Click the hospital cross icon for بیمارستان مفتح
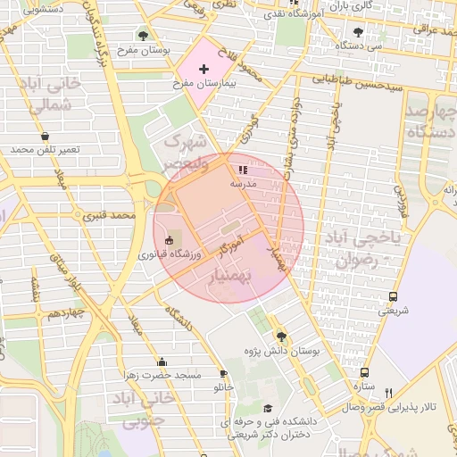tap(204, 69)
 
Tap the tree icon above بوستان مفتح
tap(144, 36)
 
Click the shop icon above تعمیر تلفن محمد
tap(45, 136)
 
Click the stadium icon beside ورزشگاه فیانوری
tap(170, 239)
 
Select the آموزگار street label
tap(231, 249)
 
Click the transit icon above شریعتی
tap(393, 297)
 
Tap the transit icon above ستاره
tap(364, 372)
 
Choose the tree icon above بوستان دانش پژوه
tap(282, 337)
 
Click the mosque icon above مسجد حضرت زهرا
tap(162, 361)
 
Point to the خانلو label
tap(223, 389)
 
